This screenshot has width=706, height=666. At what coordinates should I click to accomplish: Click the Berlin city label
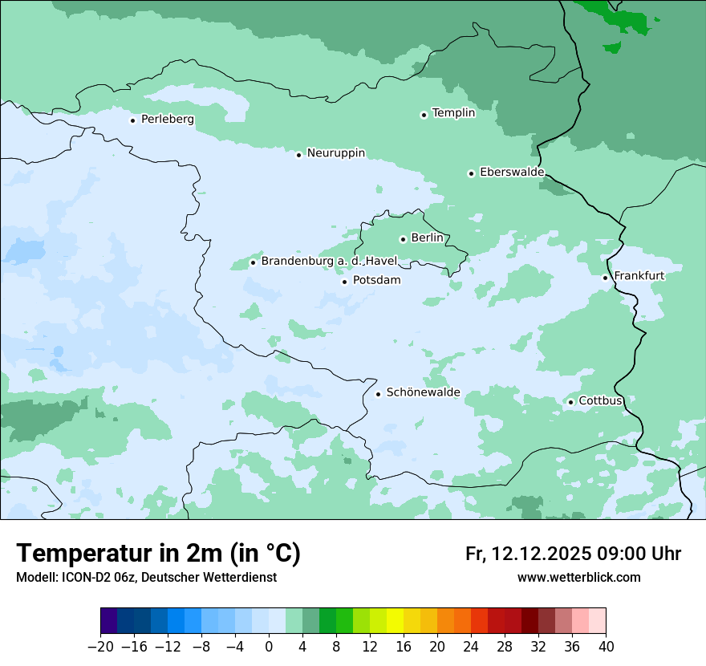pyautogui.click(x=427, y=238)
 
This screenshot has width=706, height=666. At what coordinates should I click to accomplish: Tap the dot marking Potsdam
pyautogui.click(x=345, y=282)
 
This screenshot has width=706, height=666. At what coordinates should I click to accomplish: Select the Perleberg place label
pyautogui.click(x=167, y=120)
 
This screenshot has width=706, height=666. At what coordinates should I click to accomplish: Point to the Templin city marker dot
pyautogui.click(x=424, y=115)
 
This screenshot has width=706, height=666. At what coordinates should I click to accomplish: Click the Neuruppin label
pyautogui.click(x=335, y=153)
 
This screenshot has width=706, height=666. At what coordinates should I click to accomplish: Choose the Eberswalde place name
pyautogui.click(x=512, y=173)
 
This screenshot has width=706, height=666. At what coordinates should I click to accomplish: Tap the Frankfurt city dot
pyautogui.click(x=606, y=278)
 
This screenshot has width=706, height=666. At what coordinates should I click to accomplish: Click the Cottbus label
pyautogui.click(x=601, y=401)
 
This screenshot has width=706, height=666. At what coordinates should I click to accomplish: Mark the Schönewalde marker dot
pyautogui.click(x=378, y=394)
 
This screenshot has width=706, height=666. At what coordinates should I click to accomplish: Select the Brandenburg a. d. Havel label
pyautogui.click(x=330, y=262)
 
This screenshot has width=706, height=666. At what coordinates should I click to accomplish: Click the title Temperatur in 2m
pyautogui.click(x=158, y=554)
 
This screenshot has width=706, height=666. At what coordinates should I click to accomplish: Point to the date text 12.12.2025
pyautogui.click(x=542, y=554)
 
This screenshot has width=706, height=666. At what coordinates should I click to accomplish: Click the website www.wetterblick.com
pyautogui.click(x=578, y=578)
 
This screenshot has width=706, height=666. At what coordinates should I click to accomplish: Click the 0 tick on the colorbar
pyautogui.click(x=269, y=647)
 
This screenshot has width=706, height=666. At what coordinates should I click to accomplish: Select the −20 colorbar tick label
pyautogui.click(x=100, y=647)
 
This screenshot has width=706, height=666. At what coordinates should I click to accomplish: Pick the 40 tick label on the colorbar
pyautogui.click(x=606, y=647)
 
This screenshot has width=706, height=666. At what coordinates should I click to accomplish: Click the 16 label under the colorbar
pyautogui.click(x=404, y=647)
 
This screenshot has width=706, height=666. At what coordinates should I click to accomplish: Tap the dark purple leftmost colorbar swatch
pyautogui.click(x=109, y=621)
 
